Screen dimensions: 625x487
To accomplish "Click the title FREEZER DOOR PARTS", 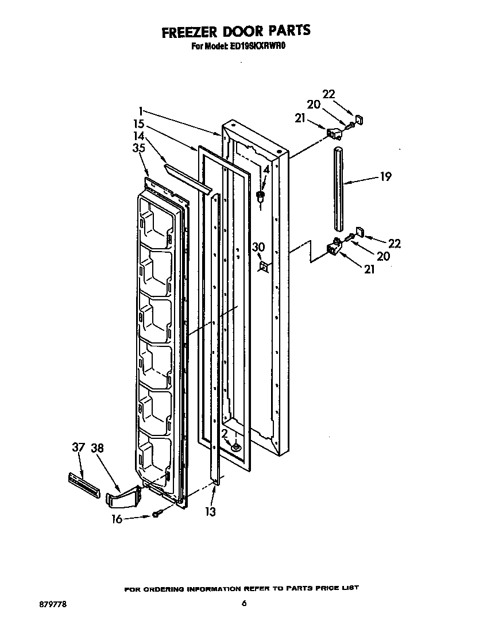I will [235, 32].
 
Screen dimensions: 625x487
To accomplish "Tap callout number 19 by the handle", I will [385, 176].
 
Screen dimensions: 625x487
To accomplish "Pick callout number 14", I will [138, 136].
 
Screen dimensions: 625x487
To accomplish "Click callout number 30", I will [258, 247].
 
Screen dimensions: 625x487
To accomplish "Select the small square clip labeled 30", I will [264, 267].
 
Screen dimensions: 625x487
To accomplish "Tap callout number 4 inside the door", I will [266, 170].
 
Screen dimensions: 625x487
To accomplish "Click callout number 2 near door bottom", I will [226, 434].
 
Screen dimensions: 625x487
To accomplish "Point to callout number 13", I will [211, 511].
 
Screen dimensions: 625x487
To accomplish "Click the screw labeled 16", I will [155, 515].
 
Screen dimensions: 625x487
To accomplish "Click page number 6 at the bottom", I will [244, 603].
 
